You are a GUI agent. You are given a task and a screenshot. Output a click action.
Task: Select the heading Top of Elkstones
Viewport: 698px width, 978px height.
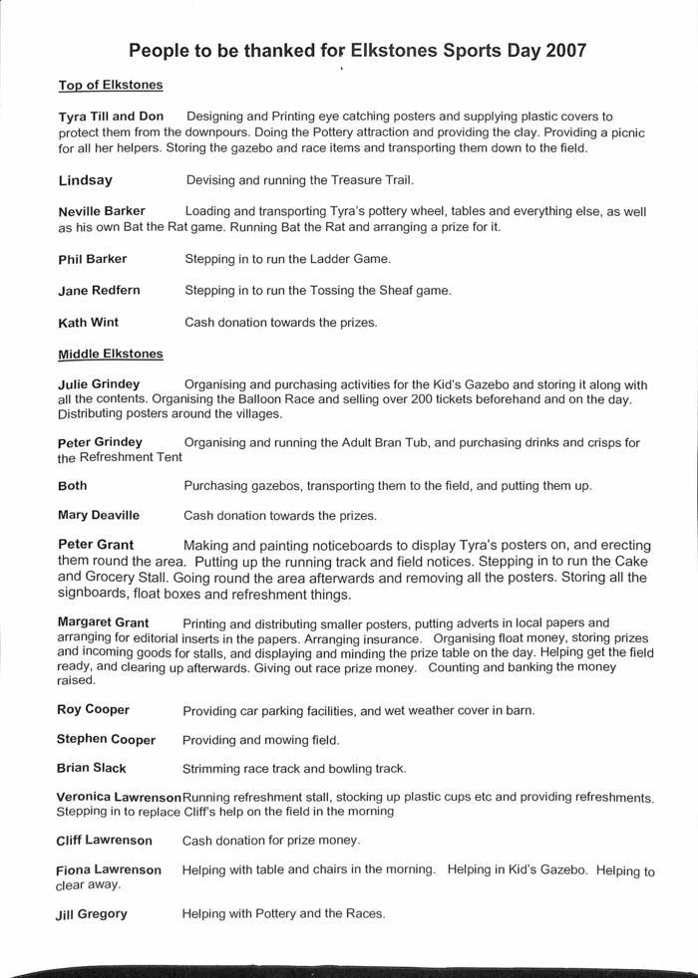tap(110, 86)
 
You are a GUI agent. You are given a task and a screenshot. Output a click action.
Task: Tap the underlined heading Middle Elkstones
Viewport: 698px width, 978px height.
tap(111, 354)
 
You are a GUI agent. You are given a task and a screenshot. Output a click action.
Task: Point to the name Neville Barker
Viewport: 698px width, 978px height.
tap(102, 211)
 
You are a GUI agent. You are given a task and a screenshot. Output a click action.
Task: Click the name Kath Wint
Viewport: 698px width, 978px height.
tap(89, 323)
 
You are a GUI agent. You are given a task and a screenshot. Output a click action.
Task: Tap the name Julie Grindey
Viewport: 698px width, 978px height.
tap(99, 384)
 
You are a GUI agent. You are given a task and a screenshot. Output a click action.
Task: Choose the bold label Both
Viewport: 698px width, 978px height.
tap(73, 485)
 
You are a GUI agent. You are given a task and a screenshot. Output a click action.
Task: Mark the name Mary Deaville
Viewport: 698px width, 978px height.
tap(98, 516)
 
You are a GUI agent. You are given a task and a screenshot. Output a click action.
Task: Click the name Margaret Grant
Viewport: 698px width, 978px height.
tap(103, 622)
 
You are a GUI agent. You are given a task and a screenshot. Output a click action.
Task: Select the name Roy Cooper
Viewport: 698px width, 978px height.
tap(93, 710)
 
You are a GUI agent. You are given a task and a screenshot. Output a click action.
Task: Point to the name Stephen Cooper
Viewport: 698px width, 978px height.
tap(106, 739)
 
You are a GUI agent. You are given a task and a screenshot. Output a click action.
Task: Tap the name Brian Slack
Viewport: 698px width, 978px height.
tap(92, 769)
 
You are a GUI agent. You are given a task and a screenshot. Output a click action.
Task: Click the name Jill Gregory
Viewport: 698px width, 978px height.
tap(92, 914)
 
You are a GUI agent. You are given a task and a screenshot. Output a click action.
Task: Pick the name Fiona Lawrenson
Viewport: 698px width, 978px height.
tap(109, 869)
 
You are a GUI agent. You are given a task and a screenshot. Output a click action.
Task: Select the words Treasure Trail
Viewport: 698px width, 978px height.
tap(362, 181)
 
